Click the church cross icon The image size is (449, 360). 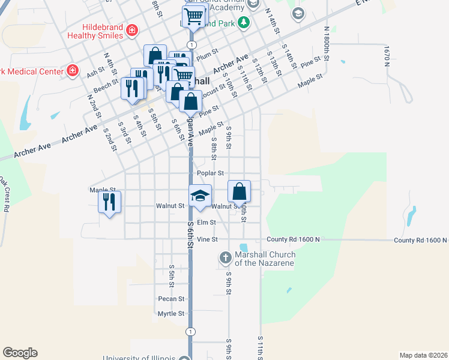coord(225,258)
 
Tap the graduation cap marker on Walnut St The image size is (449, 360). coord(200,196)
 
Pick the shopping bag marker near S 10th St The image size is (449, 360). coord(239,192)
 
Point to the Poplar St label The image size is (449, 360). coord(210,173)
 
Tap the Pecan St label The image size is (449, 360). coord(171,298)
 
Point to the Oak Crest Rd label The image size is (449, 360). coord(4,193)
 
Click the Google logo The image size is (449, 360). coord(20,353)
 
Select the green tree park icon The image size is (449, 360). coord(243,23)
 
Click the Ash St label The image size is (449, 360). coord(95,73)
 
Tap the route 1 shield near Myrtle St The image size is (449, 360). coord(191,331)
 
